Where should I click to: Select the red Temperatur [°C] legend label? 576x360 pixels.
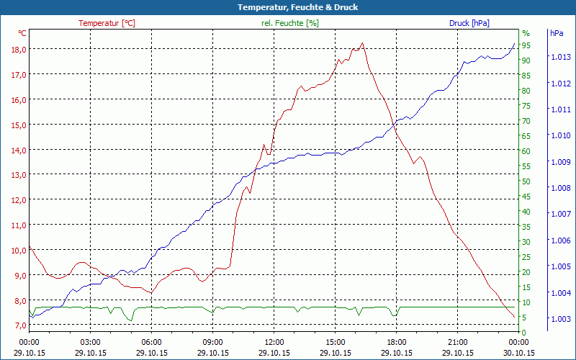(107, 23)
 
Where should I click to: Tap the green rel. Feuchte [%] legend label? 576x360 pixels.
(289, 23)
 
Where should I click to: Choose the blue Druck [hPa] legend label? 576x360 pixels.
(469, 23)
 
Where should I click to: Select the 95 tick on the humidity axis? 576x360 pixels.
(526, 45)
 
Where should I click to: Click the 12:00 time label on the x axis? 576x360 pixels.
(274, 342)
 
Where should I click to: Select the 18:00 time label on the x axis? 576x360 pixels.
(397, 342)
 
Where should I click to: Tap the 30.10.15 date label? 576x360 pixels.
(519, 353)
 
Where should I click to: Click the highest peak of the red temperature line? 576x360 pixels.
(362, 43)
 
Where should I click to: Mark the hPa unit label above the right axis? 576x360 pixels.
(557, 33)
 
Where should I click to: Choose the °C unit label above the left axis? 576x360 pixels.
(22, 33)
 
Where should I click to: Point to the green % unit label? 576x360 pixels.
(526, 33)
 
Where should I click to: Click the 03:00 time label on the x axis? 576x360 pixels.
(90, 342)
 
